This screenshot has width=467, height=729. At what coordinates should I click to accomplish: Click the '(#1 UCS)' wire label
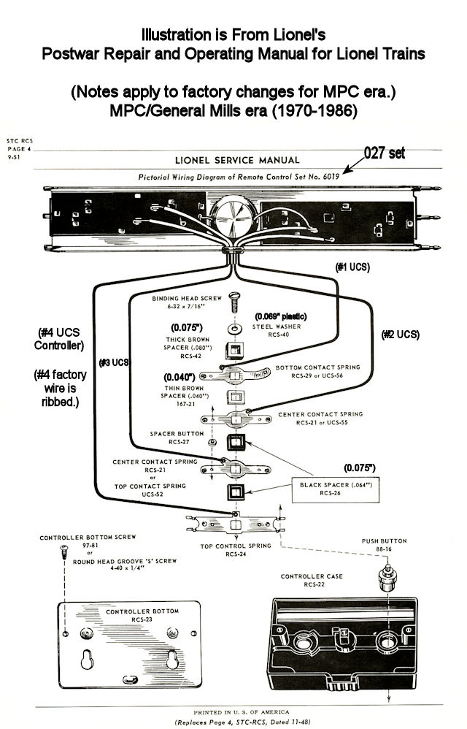(353, 267)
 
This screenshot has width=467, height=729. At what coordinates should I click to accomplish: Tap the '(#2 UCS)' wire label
(401, 335)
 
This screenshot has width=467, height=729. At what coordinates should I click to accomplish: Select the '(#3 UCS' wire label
(114, 362)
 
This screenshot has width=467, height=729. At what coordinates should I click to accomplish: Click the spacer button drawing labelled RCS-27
(211, 443)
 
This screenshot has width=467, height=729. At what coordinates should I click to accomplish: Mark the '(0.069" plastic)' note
(281, 316)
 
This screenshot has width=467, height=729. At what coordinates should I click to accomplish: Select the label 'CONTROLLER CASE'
(312, 576)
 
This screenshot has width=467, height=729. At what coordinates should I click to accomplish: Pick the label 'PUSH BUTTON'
(383, 541)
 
